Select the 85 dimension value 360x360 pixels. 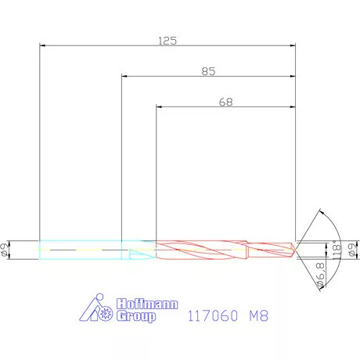(x=208, y=70)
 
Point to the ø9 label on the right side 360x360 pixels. (x=353, y=250)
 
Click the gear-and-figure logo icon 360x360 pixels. (x=100, y=309)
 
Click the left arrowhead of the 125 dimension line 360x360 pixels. (x=42, y=46)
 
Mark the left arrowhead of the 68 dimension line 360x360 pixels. (x=160, y=107)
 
